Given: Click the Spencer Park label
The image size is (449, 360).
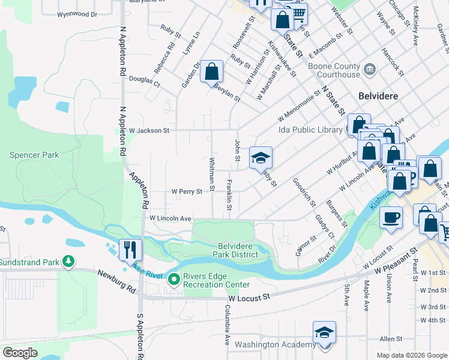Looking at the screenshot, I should pos(34,155).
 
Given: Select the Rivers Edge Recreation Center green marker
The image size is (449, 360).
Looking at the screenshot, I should pos(174,279).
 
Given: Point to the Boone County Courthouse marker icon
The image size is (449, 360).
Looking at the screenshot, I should pos(369,69).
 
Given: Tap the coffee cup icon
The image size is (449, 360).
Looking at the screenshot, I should pos(391,217).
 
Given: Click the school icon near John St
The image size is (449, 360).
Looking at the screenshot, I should pos(261,158).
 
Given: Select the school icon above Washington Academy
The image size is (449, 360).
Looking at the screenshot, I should pos(324,332).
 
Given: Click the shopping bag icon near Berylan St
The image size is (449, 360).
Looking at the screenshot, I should pos(211,72).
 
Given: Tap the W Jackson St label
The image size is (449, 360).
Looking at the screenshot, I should pos(149,130).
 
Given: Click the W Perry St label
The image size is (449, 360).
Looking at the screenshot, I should pos(187,191).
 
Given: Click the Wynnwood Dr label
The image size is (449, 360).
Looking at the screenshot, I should pos(77,14).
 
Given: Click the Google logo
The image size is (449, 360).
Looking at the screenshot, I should pos(20,353).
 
